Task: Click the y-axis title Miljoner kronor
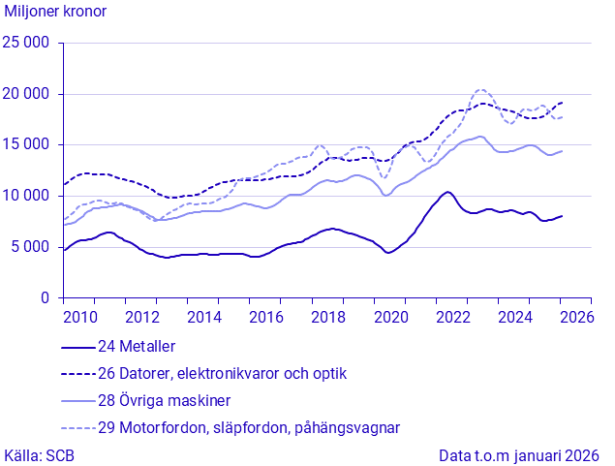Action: coord(56,12)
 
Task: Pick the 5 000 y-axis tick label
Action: coord(31,247)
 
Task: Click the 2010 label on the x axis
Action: coord(78,317)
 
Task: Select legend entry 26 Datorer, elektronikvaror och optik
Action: coord(222,373)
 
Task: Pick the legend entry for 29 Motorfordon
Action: coord(249,427)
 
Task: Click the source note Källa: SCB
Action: coord(40,454)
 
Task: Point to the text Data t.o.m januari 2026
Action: coord(519,454)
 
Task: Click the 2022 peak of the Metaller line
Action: coord(446,192)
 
